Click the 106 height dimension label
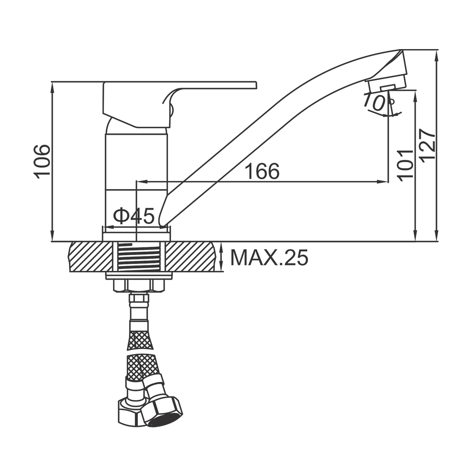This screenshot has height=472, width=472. click(42, 162)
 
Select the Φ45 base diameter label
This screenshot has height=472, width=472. click(134, 216)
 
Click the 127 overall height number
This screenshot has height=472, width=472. click(428, 146)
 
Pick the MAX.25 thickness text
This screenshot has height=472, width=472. click(269, 258)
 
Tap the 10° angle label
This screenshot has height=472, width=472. click(378, 103)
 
